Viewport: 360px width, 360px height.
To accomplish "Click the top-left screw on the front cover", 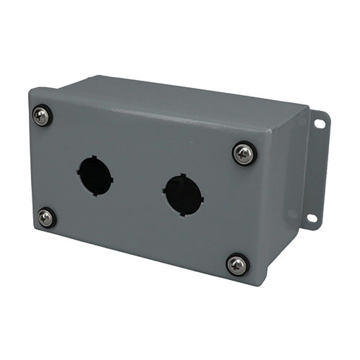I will tap(42, 115).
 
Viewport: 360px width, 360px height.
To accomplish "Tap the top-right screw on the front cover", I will tap(244, 153).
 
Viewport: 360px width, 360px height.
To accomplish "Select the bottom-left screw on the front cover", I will tap(47, 217).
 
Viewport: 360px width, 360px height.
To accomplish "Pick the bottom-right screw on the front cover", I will tap(238, 264).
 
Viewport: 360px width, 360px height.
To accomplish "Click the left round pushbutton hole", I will tap(95, 176).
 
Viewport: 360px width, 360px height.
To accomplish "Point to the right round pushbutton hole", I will tap(183, 194).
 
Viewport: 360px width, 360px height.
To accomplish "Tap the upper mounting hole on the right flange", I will tap(319, 124).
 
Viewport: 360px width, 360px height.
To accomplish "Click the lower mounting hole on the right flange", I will tap(312, 217).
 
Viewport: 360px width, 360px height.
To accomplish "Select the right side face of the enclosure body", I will tap(284, 194).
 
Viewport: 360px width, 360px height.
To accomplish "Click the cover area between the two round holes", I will tap(138, 185).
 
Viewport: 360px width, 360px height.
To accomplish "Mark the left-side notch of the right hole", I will tap(164, 191).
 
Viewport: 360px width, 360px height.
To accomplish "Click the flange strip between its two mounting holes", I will tap(316, 170).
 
